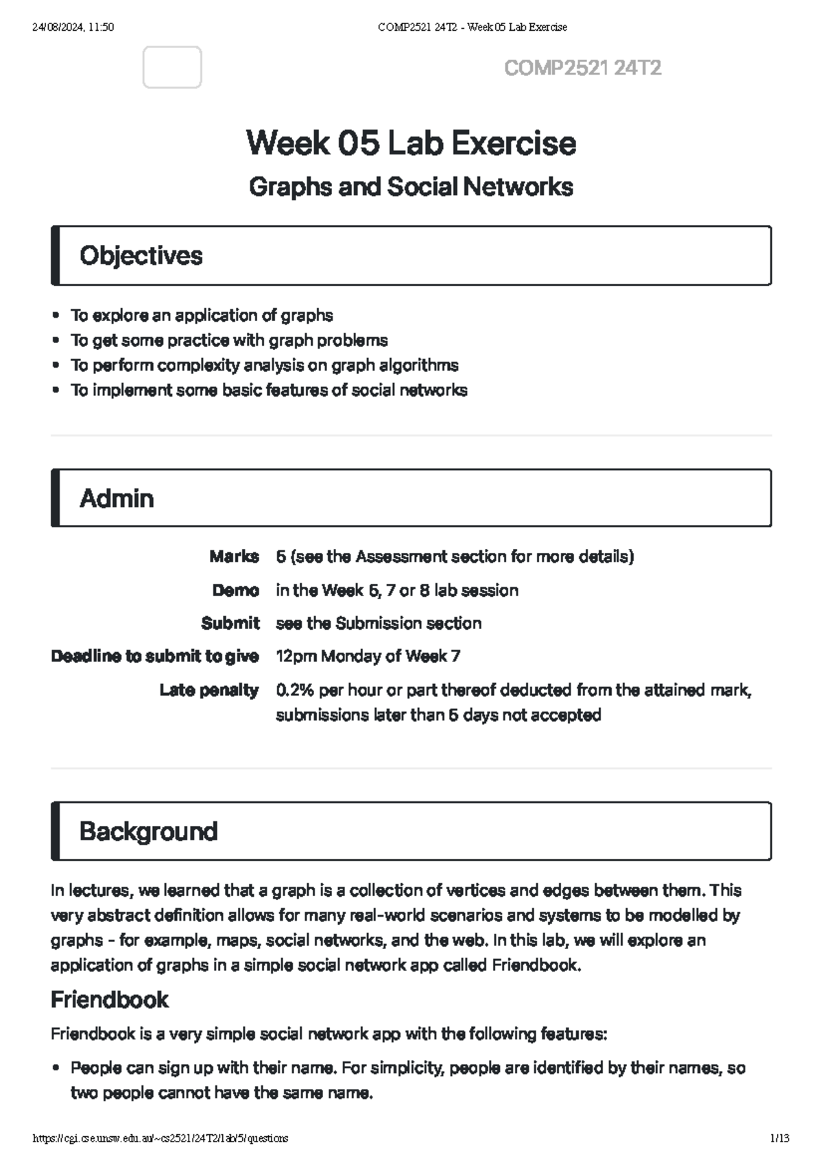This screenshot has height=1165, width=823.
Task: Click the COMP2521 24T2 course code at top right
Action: [x=582, y=68]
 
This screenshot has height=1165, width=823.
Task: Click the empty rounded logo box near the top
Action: [x=172, y=67]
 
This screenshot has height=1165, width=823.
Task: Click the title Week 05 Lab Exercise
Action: [x=411, y=143]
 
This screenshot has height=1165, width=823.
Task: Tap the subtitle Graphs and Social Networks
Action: [x=411, y=187]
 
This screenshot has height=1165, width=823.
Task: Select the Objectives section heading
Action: [x=141, y=255]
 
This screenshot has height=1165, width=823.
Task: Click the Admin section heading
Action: [x=117, y=498]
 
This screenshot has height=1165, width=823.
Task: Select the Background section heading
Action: [x=148, y=831]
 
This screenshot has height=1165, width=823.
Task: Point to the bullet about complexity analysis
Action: [x=264, y=365]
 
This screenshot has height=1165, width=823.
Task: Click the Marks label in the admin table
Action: [x=234, y=556]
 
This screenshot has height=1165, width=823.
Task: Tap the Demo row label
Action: [x=235, y=590]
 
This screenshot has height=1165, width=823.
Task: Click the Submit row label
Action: [x=230, y=623]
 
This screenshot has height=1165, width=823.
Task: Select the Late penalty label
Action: [x=208, y=690]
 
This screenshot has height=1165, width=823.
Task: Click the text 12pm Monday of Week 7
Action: [x=368, y=657]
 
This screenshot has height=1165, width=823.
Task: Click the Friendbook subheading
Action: [x=109, y=1000]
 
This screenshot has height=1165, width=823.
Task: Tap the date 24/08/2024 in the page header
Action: [x=58, y=27]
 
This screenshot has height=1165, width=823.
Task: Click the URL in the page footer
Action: [x=160, y=1138]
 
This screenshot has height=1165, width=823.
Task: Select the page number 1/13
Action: [x=780, y=1138]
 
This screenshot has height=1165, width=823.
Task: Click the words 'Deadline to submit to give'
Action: [x=154, y=657]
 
